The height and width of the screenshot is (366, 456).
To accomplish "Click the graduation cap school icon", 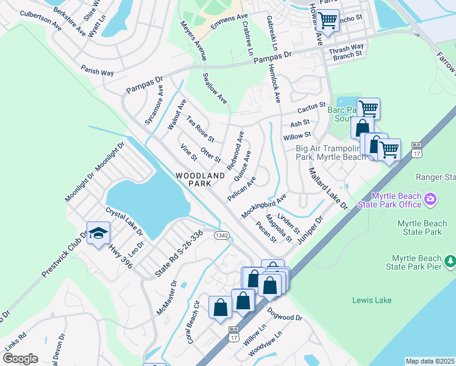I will pyautogui.click(x=98, y=234).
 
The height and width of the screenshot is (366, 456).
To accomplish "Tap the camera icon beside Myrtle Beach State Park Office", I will pyautogui.click(x=431, y=199).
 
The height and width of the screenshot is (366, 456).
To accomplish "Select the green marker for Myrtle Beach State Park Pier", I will pyautogui.click(x=450, y=262).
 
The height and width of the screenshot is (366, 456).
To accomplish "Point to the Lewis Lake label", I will pyautogui.click(x=372, y=300).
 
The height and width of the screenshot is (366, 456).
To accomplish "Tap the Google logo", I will pyautogui.click(x=20, y=358).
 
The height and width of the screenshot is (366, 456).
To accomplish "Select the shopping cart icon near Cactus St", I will pyautogui.click(x=368, y=109).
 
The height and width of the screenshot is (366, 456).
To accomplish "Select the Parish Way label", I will pyautogui.click(x=98, y=71).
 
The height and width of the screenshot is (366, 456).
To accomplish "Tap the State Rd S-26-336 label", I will pyautogui.click(x=179, y=254).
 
